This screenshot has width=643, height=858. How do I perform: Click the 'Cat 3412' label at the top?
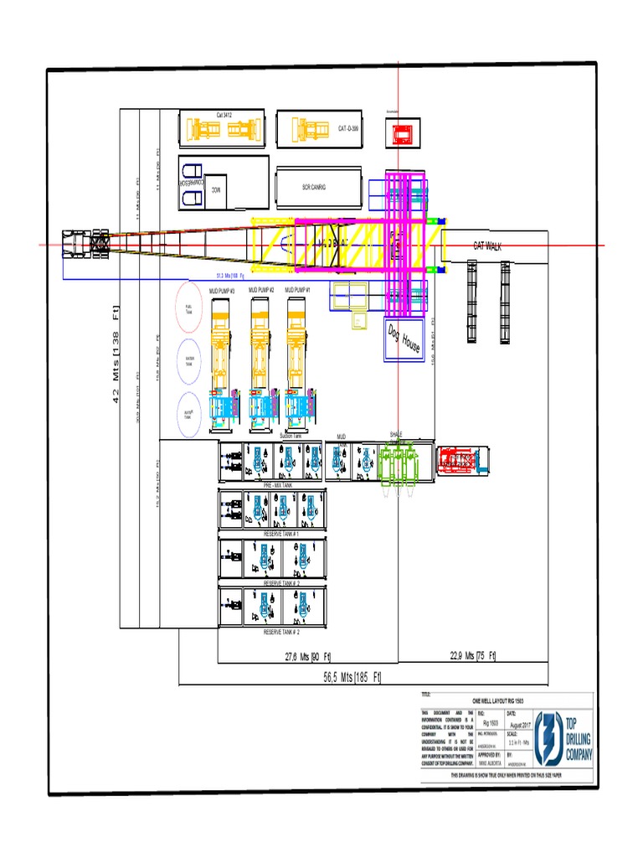point(224,114)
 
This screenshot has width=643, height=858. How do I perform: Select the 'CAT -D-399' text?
point(348,129)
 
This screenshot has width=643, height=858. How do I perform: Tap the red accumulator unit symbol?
point(403,132)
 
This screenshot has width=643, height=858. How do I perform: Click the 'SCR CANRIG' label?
point(313,188)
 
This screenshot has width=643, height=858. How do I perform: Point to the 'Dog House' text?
point(404,339)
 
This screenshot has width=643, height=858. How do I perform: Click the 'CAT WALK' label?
point(486,246)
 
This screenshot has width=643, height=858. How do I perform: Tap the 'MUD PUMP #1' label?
point(297,290)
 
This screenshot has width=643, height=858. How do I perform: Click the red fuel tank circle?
point(189,308)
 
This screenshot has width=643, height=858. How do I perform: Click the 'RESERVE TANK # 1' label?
point(282,534)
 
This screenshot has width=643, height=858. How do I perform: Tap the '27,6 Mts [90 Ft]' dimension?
point(308,656)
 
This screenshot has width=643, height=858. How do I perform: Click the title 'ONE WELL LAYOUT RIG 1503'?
point(497,700)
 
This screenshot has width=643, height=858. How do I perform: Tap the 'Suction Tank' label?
point(291,437)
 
